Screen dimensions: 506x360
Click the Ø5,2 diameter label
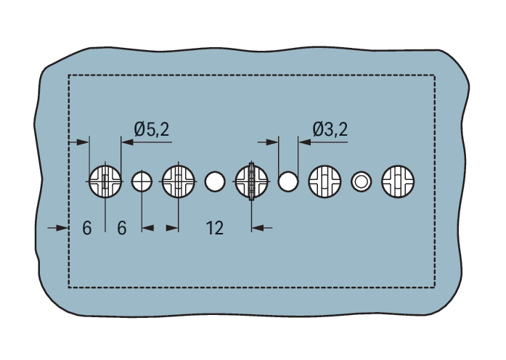(x=151, y=130)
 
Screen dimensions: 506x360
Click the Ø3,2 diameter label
(x=330, y=130)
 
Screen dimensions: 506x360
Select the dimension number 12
(x=214, y=228)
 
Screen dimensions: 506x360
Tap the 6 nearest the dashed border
(x=87, y=228)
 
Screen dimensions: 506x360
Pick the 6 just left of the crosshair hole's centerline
(x=122, y=228)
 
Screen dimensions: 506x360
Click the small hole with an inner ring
(x=361, y=181)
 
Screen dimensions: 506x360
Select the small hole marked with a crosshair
(x=142, y=181)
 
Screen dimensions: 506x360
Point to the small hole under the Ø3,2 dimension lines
(x=288, y=181)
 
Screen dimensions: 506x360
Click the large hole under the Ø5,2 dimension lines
(x=105, y=181)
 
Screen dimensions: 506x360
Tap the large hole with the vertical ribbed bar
(x=252, y=181)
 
